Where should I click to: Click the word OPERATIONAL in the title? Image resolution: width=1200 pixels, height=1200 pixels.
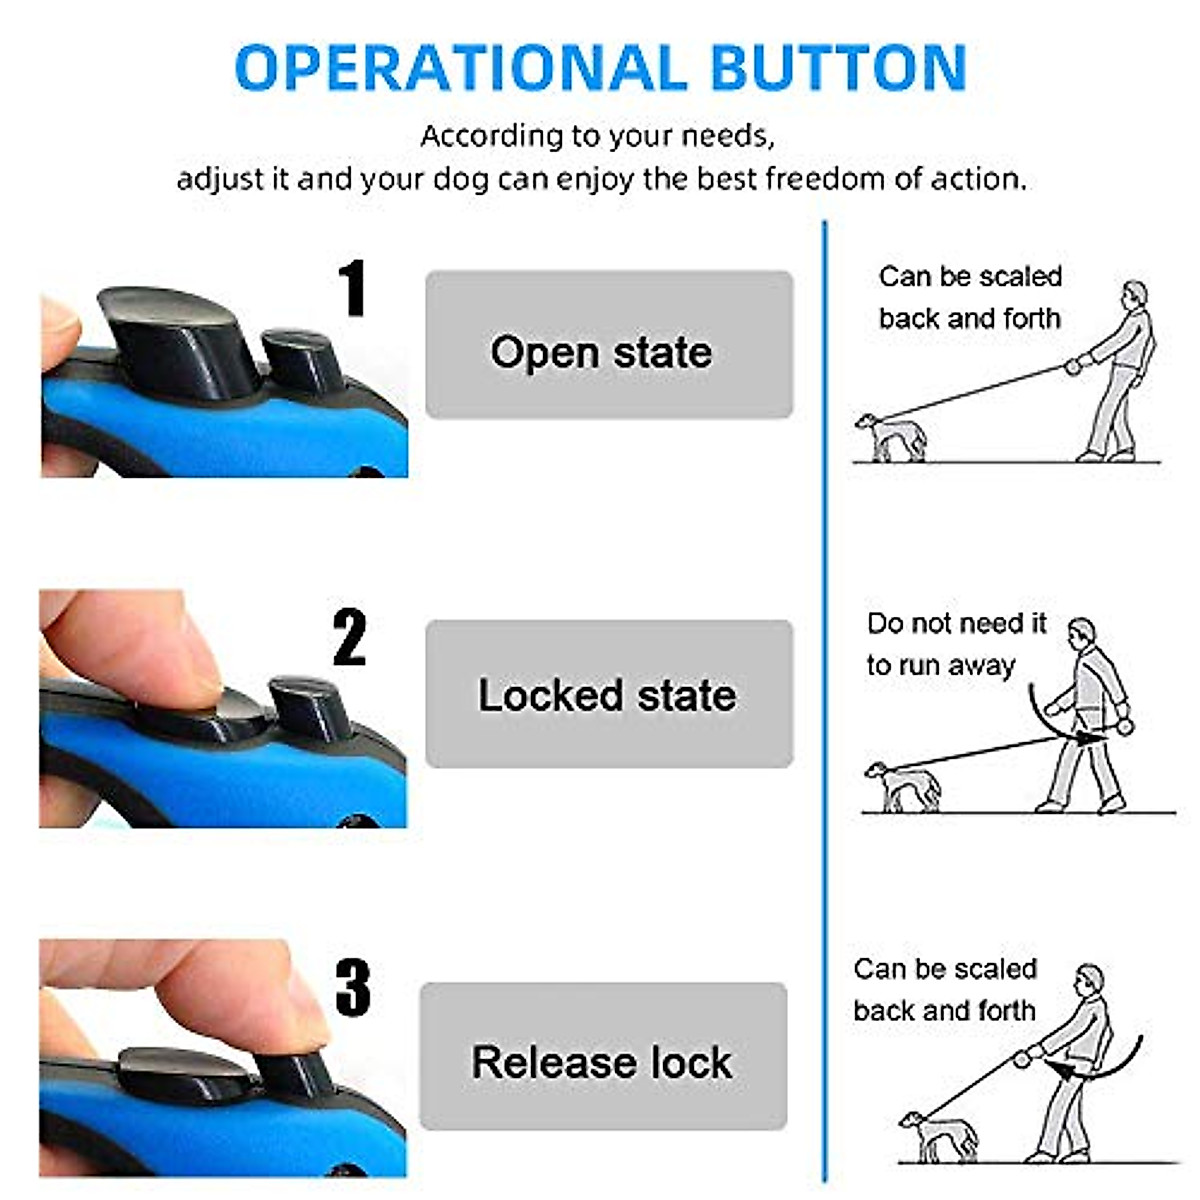[461, 68]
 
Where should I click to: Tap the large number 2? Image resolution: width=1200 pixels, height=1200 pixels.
[349, 637]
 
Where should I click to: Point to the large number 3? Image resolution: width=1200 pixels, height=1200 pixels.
[352, 987]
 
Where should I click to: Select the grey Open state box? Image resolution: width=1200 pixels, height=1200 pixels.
[609, 345]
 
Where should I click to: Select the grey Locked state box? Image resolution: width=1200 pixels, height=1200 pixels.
[609, 694]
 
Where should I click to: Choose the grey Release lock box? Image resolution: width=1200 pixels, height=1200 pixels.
[603, 1057]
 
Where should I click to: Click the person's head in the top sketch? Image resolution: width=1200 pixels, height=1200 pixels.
[1133, 294]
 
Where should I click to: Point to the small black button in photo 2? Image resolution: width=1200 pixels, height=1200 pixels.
[310, 705]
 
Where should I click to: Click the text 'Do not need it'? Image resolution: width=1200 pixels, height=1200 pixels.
[955, 623]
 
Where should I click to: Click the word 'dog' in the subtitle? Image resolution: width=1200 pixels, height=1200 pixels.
[463, 180]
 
